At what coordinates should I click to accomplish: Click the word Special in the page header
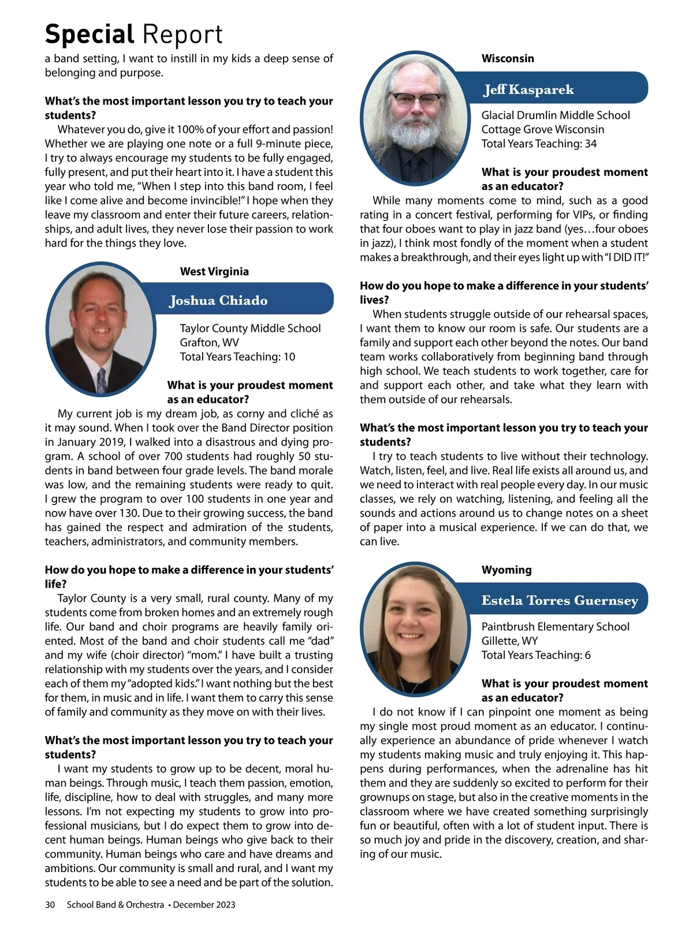90,35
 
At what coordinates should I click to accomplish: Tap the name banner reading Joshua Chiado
218,300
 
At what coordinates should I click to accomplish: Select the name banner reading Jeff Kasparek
529,89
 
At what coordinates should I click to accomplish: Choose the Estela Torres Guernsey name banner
560,600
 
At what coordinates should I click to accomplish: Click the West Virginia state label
214,271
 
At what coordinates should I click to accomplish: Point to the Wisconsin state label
508,58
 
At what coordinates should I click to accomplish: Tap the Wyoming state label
506,570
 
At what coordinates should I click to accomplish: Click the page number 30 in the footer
50,904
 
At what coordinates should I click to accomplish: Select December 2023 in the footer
204,904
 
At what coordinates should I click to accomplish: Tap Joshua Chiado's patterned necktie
102,380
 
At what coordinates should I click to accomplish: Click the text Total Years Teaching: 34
539,144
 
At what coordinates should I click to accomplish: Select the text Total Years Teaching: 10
237,357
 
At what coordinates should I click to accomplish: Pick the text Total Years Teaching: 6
536,655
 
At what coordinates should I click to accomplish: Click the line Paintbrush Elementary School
556,627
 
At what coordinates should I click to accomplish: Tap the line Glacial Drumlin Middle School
556,115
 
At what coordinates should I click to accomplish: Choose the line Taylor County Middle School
250,328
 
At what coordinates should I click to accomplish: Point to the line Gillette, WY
509,641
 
